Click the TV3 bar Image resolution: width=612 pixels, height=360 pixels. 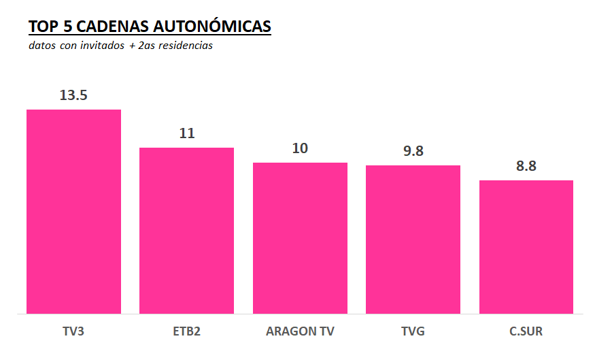tap(73, 211)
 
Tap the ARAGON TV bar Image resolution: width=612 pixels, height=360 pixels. tap(300, 238)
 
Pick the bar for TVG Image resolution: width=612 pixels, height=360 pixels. tap(413, 239)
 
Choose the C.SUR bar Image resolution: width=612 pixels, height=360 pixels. tap(526, 246)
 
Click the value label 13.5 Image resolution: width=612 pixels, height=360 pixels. tap(73, 95)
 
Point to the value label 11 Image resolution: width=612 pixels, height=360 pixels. tap(187, 133)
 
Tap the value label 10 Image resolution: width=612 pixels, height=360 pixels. tap(300, 148)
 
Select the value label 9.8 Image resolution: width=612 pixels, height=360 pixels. tap(413, 151)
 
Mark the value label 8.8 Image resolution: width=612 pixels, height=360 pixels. tap(526, 166)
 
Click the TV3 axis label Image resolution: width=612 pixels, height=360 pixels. tap(73, 332)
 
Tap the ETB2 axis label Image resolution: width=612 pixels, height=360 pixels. tap(186, 332)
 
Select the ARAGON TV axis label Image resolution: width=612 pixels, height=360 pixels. tap(300, 332)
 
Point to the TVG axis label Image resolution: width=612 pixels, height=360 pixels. tap(413, 332)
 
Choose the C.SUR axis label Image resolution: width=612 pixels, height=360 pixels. tap(526, 332)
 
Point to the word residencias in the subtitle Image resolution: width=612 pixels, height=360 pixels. tap(184, 46)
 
